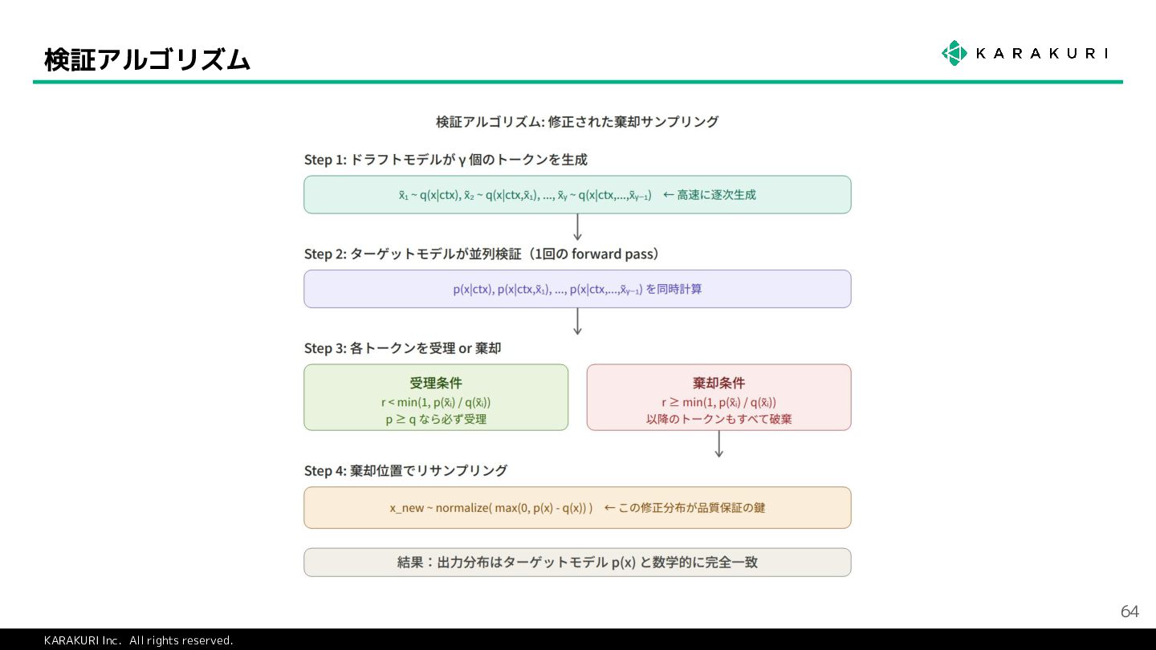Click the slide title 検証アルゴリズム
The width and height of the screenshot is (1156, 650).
pyautogui.click(x=148, y=59)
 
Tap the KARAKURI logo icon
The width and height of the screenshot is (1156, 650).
pyautogui.click(x=954, y=53)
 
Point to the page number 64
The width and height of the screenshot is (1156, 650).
pyautogui.click(x=1129, y=612)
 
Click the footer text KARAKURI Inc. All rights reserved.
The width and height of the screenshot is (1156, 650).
pyautogui.click(x=138, y=640)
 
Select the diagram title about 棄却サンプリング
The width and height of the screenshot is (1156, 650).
pyautogui.click(x=576, y=122)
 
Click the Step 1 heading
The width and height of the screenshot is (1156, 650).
pyautogui.click(x=446, y=160)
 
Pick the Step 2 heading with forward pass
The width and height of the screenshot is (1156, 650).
pyautogui.click(x=482, y=254)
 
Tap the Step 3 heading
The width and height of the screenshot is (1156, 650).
pyautogui.click(x=402, y=348)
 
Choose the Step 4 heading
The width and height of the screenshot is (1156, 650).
pyautogui.click(x=405, y=471)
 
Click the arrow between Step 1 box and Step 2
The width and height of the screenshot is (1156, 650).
pyautogui.click(x=577, y=227)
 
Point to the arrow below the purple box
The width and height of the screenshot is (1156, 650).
pyautogui.click(x=577, y=321)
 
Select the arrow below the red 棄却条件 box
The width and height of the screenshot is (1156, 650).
pyautogui.click(x=718, y=444)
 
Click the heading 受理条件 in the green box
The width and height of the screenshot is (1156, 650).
pyautogui.click(x=436, y=383)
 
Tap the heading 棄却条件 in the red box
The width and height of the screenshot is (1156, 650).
pyautogui.click(x=718, y=383)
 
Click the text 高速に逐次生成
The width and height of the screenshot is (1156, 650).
pyautogui.click(x=715, y=195)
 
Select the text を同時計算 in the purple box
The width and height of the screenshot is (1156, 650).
pyautogui.click(x=674, y=289)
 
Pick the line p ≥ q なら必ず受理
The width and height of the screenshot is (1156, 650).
pyautogui.click(x=436, y=419)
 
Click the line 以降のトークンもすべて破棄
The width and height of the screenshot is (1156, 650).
pyautogui.click(x=718, y=419)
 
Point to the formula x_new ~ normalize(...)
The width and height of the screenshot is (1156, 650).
pyautogui.click(x=491, y=508)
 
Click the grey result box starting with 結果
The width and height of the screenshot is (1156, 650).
pyautogui.click(x=577, y=563)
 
